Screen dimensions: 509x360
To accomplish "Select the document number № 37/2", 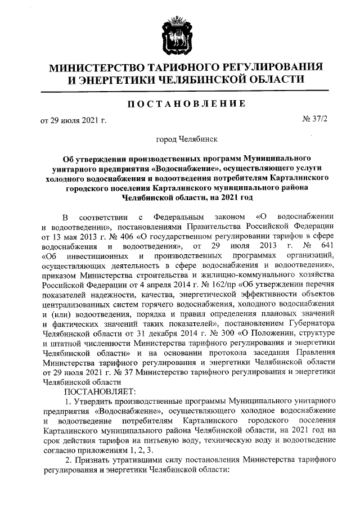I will (315, 120).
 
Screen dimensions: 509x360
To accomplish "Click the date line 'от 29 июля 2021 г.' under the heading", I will (73, 120).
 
